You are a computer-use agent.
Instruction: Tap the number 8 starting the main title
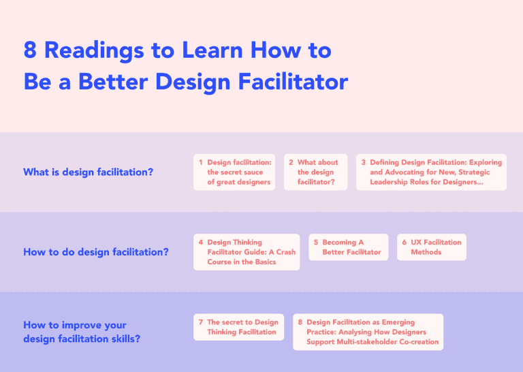(30, 50)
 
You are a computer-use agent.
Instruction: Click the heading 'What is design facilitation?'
(88, 172)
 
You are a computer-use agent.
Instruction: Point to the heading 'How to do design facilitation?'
(95, 252)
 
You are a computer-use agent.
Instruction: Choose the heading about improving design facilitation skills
(82, 332)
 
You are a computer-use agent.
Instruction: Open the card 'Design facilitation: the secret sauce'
(234, 172)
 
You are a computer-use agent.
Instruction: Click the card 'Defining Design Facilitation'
(431, 172)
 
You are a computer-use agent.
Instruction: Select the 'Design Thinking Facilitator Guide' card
(247, 252)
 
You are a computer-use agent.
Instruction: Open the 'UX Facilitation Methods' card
(432, 247)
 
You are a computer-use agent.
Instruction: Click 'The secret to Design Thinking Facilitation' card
(238, 327)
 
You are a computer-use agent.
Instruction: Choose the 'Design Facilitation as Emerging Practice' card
(368, 332)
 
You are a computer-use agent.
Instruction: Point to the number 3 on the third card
(364, 163)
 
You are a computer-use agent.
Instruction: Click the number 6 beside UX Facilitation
(405, 243)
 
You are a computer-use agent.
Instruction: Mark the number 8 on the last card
(300, 322)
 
